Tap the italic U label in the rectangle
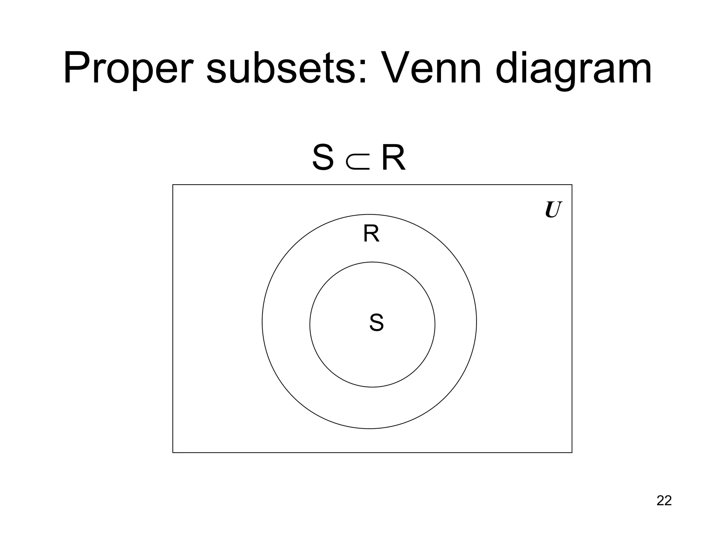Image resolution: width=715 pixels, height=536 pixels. pyautogui.click(x=553, y=210)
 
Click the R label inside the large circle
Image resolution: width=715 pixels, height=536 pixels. pyautogui.click(x=371, y=234)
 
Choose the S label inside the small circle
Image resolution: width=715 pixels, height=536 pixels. pyautogui.click(x=376, y=323)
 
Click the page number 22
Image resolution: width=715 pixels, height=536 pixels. pyautogui.click(x=664, y=500)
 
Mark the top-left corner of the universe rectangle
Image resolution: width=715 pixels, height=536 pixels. pyautogui.click(x=173, y=185)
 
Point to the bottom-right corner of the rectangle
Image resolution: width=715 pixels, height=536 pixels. pyautogui.click(x=572, y=453)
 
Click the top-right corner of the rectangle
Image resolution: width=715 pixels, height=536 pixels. pyautogui.click(x=572, y=185)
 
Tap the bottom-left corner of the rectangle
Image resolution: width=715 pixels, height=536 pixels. pyautogui.click(x=173, y=453)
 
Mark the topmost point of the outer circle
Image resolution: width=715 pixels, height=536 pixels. pyautogui.click(x=369, y=214)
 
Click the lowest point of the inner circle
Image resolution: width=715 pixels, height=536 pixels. pyautogui.click(x=372, y=387)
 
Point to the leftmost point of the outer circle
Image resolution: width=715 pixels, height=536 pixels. pyautogui.click(x=262, y=321)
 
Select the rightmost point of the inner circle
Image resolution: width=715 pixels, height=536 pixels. pyautogui.click(x=435, y=325)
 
